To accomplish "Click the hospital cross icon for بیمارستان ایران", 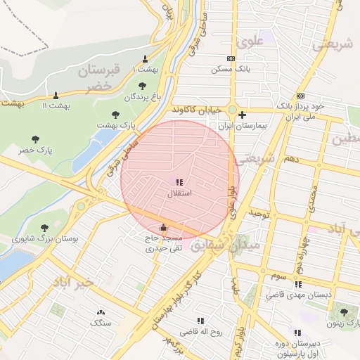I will [242, 115].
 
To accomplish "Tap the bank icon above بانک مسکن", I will [231, 59].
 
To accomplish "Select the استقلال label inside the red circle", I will [180, 192].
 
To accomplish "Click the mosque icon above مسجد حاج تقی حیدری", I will [164, 227].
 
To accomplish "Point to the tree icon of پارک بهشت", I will [115, 114].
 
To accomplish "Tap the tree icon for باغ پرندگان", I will [142, 86].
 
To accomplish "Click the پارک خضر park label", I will [36, 150].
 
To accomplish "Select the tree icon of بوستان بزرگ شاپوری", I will [45, 227].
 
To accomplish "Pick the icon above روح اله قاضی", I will [201, 321].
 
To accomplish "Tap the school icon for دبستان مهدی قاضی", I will [298, 284].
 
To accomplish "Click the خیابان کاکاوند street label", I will [195, 110].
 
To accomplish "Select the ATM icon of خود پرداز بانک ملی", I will [301, 95].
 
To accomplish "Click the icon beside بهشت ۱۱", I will [56, 95].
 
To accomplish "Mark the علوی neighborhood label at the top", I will [250, 41].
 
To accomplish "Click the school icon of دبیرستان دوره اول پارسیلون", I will [297, 333].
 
